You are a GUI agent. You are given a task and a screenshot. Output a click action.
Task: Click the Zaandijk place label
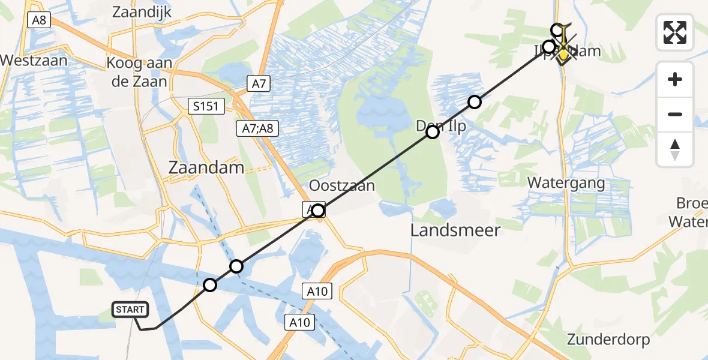(x=142, y=11)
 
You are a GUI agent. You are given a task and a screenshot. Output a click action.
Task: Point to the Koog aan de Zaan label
(x=139, y=72)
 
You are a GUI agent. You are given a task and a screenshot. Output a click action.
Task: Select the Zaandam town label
(x=206, y=167)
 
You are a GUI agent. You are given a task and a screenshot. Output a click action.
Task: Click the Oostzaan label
(x=342, y=185)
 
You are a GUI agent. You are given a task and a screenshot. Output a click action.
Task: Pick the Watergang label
(x=566, y=182)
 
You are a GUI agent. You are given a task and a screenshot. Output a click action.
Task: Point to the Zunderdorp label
(x=608, y=340)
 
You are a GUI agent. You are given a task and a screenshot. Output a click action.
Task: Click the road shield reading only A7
(x=259, y=84)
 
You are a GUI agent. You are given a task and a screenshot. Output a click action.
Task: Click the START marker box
(x=130, y=310)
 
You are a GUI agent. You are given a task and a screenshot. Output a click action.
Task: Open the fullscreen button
(x=675, y=32)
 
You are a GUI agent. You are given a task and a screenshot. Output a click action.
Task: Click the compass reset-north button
(x=675, y=149)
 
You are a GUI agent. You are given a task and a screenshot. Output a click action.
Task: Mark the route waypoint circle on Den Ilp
(x=433, y=132)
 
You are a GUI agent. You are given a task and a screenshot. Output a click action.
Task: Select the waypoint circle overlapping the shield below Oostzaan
(x=318, y=210)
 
